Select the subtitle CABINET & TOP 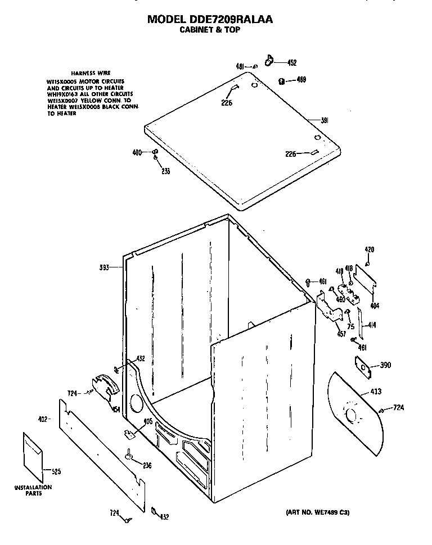(209, 30)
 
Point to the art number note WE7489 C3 (314, 512)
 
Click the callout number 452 (292, 63)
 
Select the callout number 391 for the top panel (325, 120)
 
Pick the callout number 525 (56, 471)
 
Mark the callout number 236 (147, 465)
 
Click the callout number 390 (385, 366)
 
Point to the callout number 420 (369, 249)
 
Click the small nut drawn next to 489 (281, 81)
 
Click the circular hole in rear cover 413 (352, 416)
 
